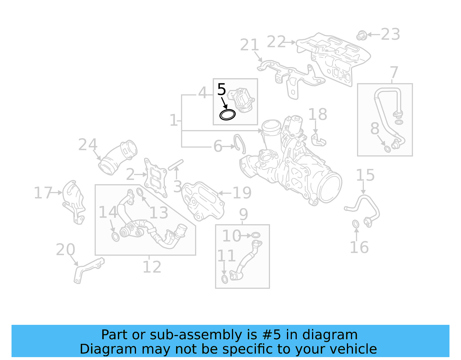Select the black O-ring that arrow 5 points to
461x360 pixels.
point(227,115)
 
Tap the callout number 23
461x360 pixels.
point(390,35)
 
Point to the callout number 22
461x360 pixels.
point(276,42)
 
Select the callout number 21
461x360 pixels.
point(249,45)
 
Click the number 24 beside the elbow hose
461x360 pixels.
point(88,145)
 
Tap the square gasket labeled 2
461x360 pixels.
point(156,178)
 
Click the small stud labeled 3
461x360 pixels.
point(176,165)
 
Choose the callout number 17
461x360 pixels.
point(43,193)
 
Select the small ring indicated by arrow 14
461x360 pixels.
point(115,237)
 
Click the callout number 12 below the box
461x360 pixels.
point(152,267)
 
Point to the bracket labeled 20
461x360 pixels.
point(86,269)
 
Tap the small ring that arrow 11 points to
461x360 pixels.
point(225,279)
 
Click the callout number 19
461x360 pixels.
point(242,193)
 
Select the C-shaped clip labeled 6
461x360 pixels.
point(240,143)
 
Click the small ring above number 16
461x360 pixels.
point(356,224)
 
